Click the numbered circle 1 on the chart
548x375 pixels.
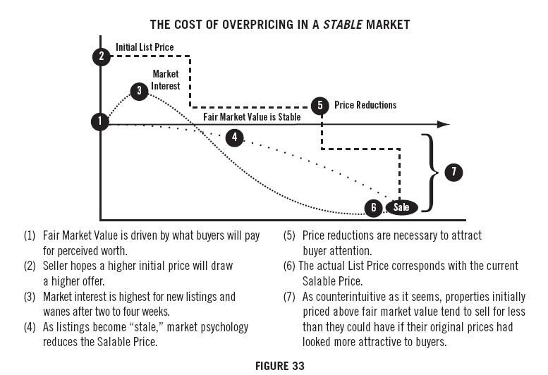pos(100,121)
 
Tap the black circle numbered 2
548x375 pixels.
pos(102,56)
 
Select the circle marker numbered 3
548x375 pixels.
pos(140,90)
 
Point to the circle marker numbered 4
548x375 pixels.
pos(234,137)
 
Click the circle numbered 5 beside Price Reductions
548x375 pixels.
pos(320,105)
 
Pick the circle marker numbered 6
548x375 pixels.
pos(374,207)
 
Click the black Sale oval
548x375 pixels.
pos(401,207)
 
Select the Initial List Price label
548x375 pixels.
pos(145,47)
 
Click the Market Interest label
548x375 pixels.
pos(166,80)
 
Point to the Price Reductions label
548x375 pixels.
pos(365,105)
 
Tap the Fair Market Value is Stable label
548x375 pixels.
pos(252,117)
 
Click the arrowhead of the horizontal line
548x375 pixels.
pos(444,124)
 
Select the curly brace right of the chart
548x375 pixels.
pos(428,172)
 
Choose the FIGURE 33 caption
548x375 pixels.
pos(274,366)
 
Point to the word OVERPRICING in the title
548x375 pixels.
pos(230,25)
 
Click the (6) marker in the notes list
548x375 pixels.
pos(290,266)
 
